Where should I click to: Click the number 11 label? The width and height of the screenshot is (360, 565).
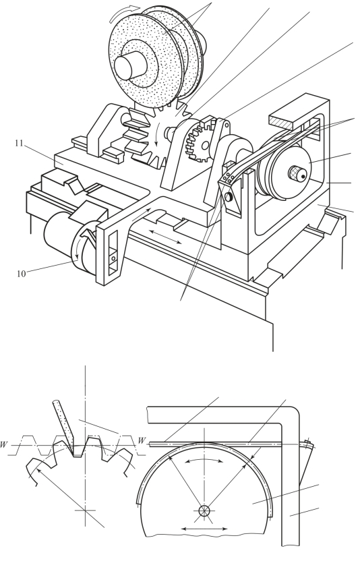[19, 143]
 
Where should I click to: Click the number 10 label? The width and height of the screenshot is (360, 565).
[22, 274]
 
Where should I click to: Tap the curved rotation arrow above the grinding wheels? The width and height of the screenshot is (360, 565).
[125, 11]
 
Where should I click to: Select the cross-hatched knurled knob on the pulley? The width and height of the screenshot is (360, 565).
[297, 174]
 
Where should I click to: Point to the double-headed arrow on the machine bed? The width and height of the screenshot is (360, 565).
[166, 237]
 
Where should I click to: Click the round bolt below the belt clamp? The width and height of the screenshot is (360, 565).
[228, 197]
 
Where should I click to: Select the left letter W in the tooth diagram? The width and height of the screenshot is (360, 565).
[3, 444]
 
